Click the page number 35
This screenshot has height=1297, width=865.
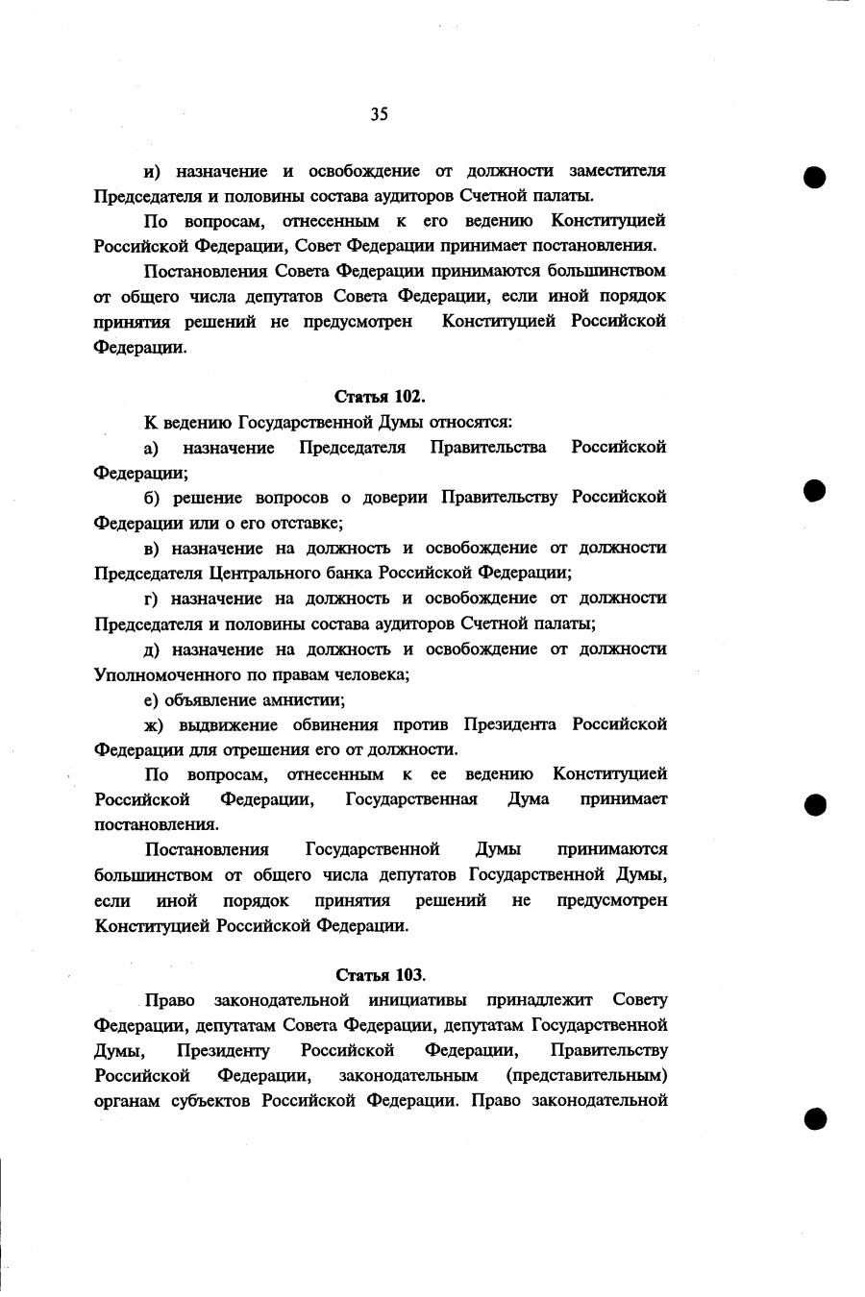[379, 115]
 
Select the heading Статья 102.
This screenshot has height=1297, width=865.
[380, 396]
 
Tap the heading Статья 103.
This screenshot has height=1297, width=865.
[380, 974]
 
